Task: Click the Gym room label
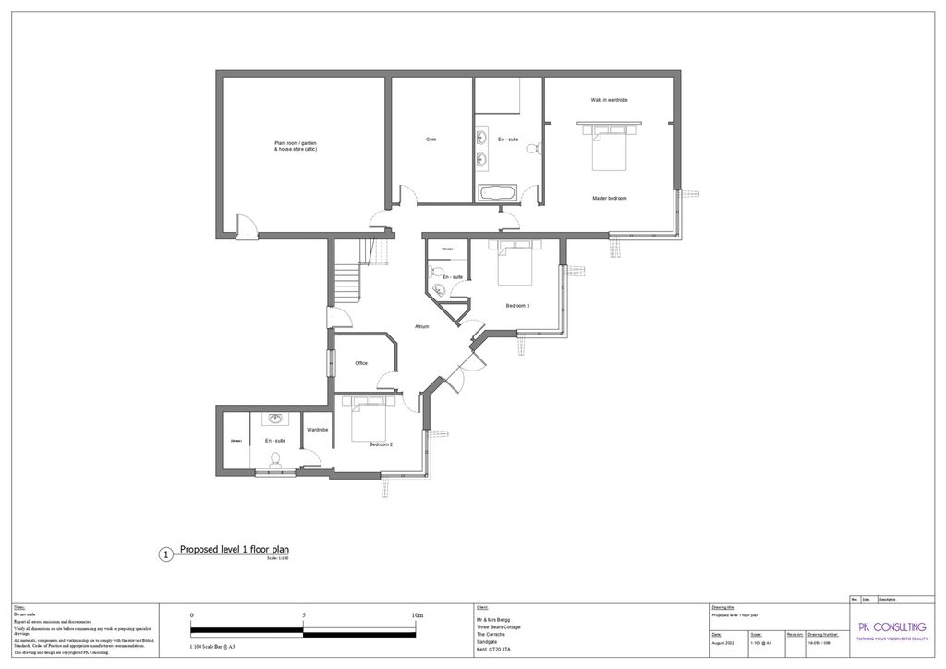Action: (x=431, y=140)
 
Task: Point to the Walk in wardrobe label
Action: (x=609, y=99)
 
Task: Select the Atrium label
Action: (x=421, y=326)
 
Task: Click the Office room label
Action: (x=361, y=363)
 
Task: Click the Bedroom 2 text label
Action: (x=382, y=444)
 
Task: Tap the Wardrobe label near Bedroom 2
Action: (x=318, y=430)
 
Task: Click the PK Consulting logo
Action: (x=891, y=629)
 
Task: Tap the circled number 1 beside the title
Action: (x=165, y=554)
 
